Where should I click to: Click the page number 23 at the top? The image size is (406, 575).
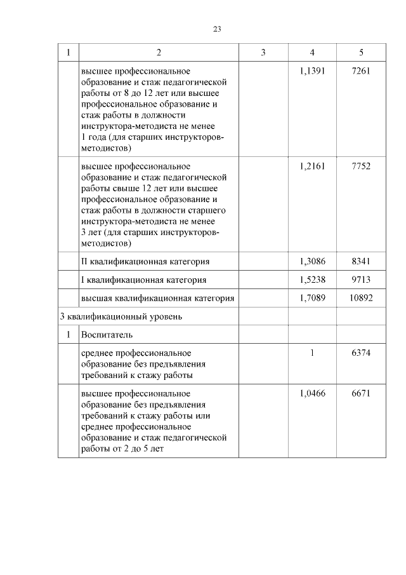pyautogui.click(x=216, y=29)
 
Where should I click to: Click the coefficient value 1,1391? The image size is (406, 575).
pyautogui.click(x=312, y=71)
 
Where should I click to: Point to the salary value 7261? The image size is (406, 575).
pyautogui.click(x=360, y=71)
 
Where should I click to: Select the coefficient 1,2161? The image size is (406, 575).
pyautogui.click(x=312, y=166)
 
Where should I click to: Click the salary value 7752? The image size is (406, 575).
pyautogui.click(x=360, y=166)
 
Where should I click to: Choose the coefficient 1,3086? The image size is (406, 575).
pyautogui.click(x=312, y=261)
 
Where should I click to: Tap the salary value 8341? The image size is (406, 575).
pyautogui.click(x=360, y=261)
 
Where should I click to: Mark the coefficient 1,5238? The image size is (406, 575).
pyautogui.click(x=312, y=280)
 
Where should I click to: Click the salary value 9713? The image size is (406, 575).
pyautogui.click(x=360, y=280)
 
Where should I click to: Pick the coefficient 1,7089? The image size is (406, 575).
pyautogui.click(x=312, y=298)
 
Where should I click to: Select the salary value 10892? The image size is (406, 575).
pyautogui.click(x=360, y=298)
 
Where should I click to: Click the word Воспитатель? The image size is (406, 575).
pyautogui.click(x=106, y=334)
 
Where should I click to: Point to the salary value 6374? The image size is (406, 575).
pyautogui.click(x=360, y=353)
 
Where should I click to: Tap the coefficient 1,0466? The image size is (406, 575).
pyautogui.click(x=312, y=393)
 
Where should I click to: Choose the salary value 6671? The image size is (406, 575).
pyautogui.click(x=360, y=393)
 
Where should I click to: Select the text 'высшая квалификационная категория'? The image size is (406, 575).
pyautogui.click(x=157, y=298)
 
